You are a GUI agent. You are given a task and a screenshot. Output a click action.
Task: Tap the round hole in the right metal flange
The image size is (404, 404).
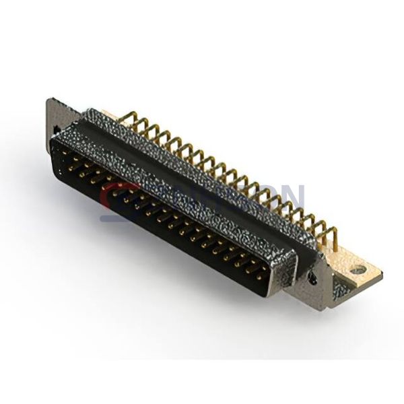pos(312,275)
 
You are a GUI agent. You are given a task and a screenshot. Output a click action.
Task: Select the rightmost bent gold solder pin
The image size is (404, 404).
pos(330,235)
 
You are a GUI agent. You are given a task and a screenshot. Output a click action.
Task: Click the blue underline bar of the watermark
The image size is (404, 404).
pos(135,217)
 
